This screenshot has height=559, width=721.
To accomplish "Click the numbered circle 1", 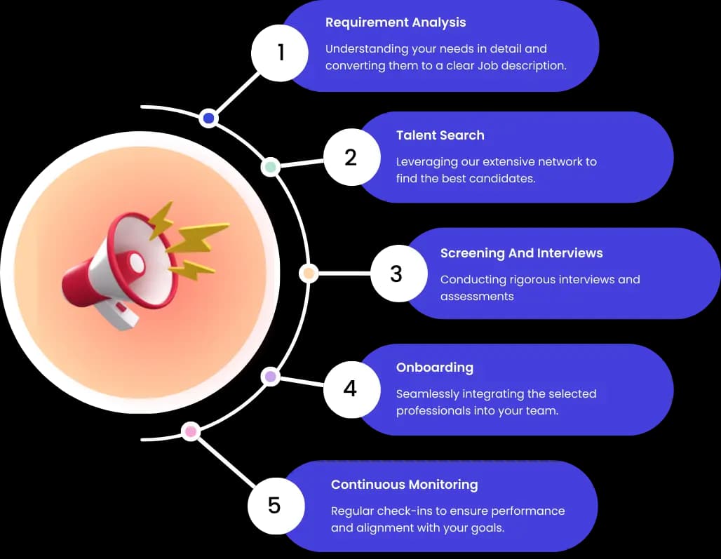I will tap(281, 53).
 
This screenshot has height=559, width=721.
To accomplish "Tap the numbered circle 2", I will tap(351, 157).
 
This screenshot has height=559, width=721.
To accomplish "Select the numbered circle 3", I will tap(397, 274).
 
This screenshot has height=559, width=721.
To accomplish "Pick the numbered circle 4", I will tap(351, 389).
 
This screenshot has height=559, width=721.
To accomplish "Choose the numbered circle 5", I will tap(275, 505).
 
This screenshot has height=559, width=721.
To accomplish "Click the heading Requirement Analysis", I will tap(396, 22).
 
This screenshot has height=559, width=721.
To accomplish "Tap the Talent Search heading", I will tap(440, 135).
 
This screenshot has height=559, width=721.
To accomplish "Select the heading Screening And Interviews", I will tap(521, 253).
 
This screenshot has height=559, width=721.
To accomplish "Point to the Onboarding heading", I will tap(434, 368).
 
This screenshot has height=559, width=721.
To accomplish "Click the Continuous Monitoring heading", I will tap(404, 485).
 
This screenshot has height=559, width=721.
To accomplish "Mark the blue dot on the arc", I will tap(208, 119).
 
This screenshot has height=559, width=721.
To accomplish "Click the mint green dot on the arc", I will tap(270, 167).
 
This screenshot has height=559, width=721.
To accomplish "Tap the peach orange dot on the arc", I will tap(309, 274).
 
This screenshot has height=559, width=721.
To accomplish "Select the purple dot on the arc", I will tap(270, 377).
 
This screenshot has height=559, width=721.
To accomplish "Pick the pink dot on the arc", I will tap(190, 431).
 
